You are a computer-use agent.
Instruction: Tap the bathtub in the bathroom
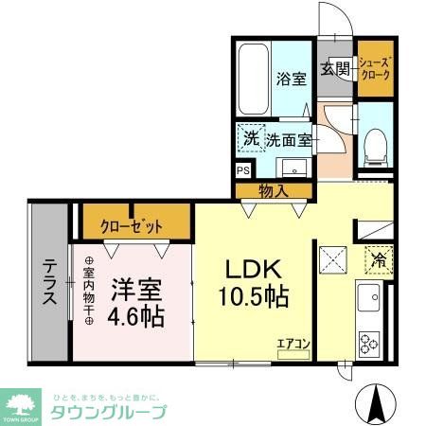click(253, 80)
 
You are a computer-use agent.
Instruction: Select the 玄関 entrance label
click(335, 68)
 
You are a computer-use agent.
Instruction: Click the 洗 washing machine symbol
click(252, 139)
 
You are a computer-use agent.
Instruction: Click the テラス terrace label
click(46, 280)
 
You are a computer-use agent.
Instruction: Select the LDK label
click(251, 268)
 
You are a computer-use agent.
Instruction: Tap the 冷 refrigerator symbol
click(377, 256)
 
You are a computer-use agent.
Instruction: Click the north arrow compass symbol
click(381, 406)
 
